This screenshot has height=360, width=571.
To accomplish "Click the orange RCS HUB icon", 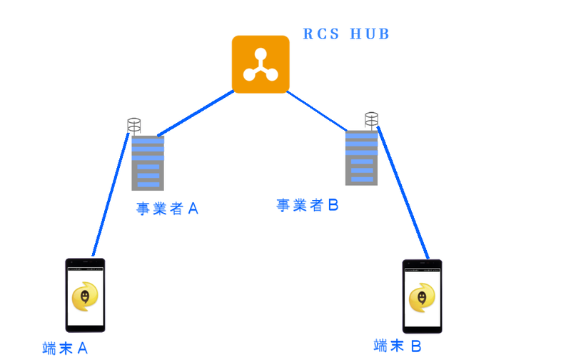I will pyautogui.click(x=261, y=64).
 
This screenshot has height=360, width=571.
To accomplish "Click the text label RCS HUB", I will pyautogui.click(x=346, y=34).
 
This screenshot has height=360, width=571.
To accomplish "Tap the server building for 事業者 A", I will pyautogui.click(x=148, y=163).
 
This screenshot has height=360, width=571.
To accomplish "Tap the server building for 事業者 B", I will pyautogui.click(x=361, y=157).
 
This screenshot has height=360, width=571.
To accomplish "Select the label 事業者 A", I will pyautogui.click(x=166, y=209).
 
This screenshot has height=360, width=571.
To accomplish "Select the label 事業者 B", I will pyautogui.click(x=308, y=206).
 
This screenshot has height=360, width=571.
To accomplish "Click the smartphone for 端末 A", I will pyautogui.click(x=85, y=295).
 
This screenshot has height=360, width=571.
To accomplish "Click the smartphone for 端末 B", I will pyautogui.click(x=422, y=296).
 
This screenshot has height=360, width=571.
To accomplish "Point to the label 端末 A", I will pyautogui.click(x=65, y=349).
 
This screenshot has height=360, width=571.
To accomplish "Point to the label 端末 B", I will pyautogui.click(x=398, y=346).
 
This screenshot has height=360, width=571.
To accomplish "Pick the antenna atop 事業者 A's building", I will pyautogui.click(x=133, y=126).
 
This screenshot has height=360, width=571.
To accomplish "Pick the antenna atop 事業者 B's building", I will pyautogui.click(x=370, y=119).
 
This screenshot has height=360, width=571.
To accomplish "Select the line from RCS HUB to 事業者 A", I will pyautogui.click(x=196, y=113).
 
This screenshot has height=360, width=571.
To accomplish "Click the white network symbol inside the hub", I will pyautogui.click(x=261, y=66).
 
